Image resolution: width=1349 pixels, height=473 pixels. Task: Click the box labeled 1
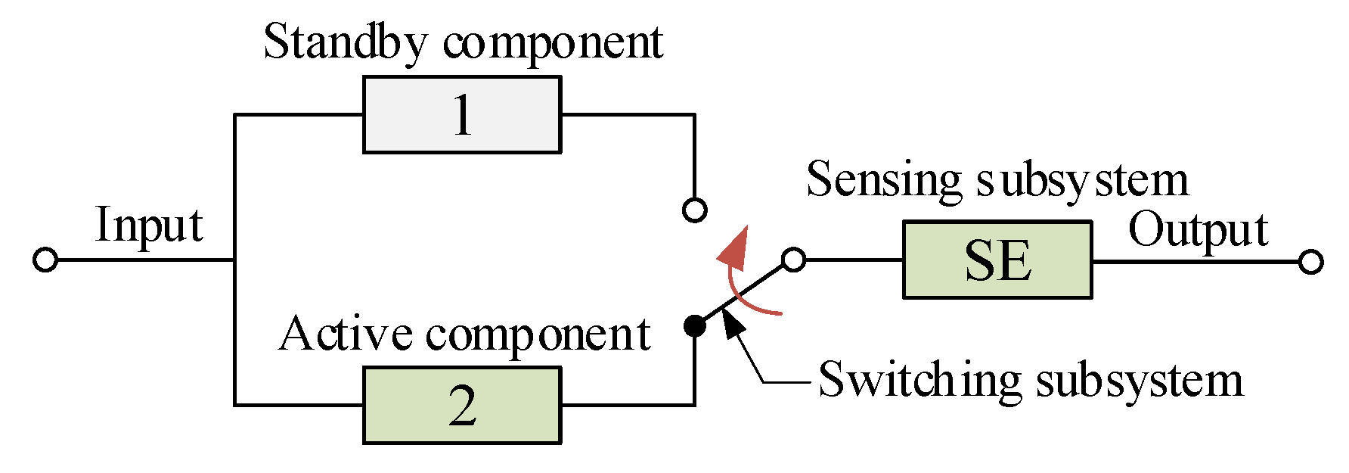[461, 114]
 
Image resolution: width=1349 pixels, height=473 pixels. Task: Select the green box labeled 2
[461, 405]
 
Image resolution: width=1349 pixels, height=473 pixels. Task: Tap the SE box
[997, 260]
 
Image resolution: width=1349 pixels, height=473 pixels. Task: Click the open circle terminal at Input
[45, 260]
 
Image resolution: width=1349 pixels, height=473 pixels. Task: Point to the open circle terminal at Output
[1310, 262]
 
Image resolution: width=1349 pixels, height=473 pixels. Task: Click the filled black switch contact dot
[694, 326]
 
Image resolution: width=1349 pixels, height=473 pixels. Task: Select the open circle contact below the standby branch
[694, 210]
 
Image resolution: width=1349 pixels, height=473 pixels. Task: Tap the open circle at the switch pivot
[792, 260]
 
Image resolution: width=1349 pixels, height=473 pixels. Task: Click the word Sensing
[882, 180]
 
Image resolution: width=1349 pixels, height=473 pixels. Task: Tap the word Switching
[919, 379]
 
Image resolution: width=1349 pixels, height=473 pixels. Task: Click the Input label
[149, 226]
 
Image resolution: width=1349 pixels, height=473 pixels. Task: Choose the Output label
[1198, 230]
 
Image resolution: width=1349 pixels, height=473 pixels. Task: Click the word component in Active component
[538, 335]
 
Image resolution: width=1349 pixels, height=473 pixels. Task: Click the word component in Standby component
[552, 43]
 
